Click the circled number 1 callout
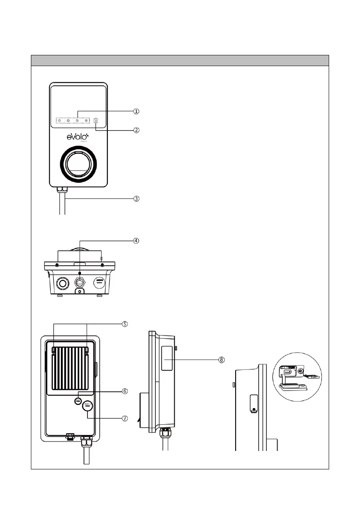[136, 111]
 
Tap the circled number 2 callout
[136, 130]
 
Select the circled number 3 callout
[136, 199]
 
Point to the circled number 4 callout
[136, 241]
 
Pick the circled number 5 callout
[124, 324]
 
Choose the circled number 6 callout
[125, 391]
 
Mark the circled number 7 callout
[125, 418]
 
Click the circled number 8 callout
[221, 360]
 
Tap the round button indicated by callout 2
[96, 121]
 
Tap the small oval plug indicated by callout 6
[78, 400]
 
